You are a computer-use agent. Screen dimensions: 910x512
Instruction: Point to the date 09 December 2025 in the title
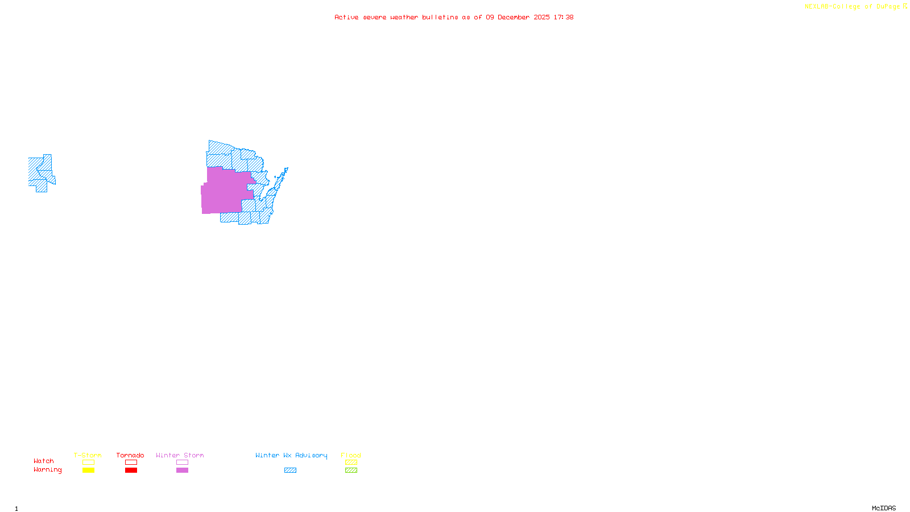coord(518,17)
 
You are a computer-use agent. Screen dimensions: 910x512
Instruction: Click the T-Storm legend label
coord(88,455)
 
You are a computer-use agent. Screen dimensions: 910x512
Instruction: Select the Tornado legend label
coord(130,455)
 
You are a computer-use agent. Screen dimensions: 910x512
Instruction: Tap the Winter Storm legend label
coord(180,455)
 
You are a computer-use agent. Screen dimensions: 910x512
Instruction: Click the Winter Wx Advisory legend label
coord(291,455)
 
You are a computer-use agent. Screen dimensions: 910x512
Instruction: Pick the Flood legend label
coord(351,455)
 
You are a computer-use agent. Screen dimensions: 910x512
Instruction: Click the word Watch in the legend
coord(44,461)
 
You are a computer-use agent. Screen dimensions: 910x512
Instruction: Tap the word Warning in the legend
coord(47,470)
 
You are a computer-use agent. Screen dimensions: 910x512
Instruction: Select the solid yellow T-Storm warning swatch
coord(88,470)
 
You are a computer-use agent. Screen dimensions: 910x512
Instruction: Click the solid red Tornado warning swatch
coord(131,470)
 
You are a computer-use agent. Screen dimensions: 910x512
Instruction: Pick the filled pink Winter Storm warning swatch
coord(182,470)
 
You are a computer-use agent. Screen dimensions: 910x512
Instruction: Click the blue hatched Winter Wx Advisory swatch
coord(290,470)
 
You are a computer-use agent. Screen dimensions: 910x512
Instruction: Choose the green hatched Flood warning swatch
coord(351,470)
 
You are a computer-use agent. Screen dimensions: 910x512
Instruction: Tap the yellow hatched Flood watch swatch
coord(351,463)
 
